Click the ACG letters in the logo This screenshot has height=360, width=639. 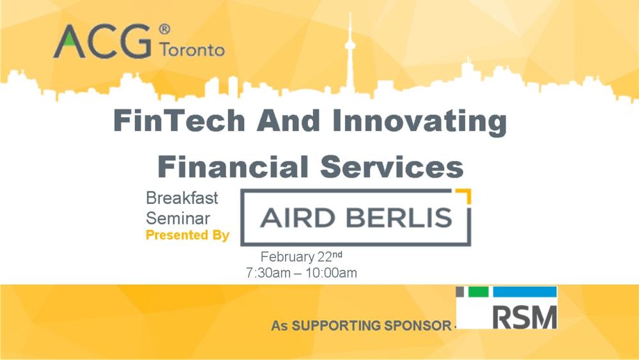click(102, 42)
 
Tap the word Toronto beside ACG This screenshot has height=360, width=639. click(192, 50)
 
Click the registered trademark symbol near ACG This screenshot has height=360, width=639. click(164, 29)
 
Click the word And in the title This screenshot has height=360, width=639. click(289, 121)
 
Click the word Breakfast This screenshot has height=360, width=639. click(182, 198)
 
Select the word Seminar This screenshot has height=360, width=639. click(178, 218)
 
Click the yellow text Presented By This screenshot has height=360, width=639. click(187, 235)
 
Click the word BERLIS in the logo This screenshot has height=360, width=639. click(399, 219)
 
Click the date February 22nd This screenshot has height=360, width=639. click(302, 257)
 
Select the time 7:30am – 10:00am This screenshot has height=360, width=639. click(302, 273)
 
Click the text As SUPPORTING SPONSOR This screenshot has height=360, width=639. click(360, 325)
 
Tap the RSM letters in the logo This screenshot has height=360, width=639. click(526, 315)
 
